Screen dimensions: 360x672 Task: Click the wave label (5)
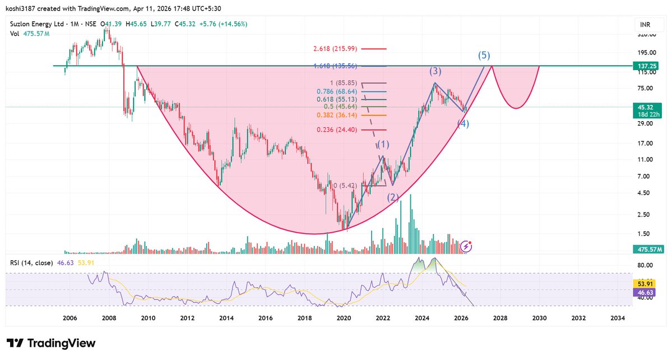point(484,56)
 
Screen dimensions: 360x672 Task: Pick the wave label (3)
point(435,71)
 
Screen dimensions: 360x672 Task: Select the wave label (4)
point(463,124)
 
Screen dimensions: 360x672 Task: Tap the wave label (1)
point(383,145)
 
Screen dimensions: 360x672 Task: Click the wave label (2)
point(392,196)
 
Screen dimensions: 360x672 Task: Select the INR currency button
point(645,25)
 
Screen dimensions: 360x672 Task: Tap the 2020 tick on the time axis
point(344,318)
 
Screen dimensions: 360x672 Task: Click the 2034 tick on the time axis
point(617,318)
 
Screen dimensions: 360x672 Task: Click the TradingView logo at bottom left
point(51,343)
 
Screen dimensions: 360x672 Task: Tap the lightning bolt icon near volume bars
point(466,246)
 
